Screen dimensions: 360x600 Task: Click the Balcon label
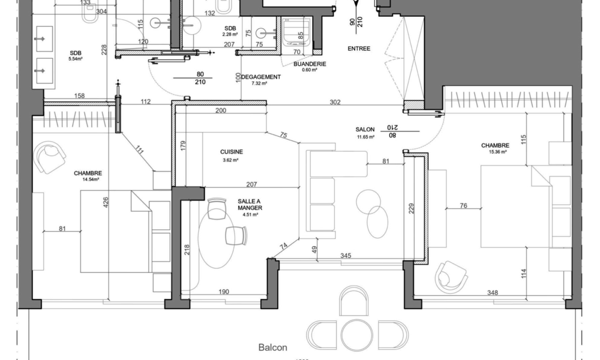tap(273, 347)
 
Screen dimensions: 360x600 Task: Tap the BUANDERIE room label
tap(310, 64)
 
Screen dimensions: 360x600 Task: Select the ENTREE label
tap(359, 49)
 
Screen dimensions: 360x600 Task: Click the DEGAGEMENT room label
tap(262, 77)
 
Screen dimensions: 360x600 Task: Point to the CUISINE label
tap(231, 152)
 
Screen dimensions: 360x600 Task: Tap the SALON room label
tap(365, 129)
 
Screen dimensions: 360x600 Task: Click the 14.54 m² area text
tap(91, 179)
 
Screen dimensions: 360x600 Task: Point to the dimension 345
tap(345, 256)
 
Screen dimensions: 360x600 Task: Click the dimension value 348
tap(492, 293)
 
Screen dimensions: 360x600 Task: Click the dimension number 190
tap(223, 292)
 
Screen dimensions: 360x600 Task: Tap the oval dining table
tap(216, 240)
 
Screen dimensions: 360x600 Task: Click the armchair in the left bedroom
tap(51, 157)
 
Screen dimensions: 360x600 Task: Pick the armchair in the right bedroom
tap(451, 277)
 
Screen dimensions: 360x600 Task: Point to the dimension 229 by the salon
tap(411, 208)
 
